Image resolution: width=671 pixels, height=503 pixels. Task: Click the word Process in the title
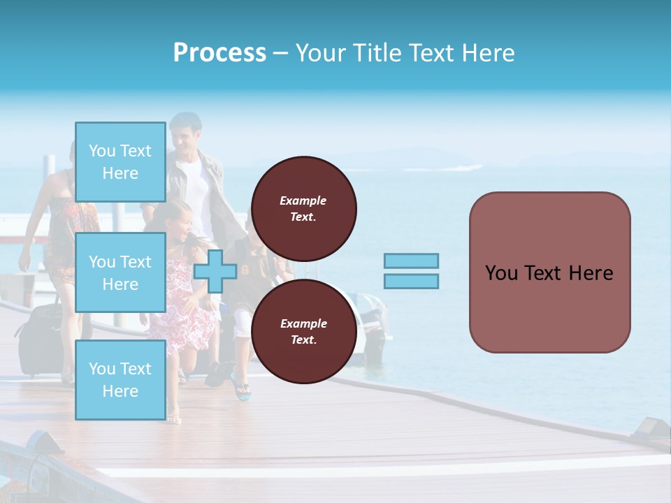point(219,53)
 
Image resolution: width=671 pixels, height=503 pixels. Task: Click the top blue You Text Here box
point(120,162)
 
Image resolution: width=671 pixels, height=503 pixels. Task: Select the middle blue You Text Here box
point(120,272)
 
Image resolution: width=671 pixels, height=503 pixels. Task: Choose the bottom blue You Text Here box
point(120,379)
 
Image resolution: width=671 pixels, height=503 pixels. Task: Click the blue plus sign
point(215,272)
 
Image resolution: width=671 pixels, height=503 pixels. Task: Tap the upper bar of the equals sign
point(411,261)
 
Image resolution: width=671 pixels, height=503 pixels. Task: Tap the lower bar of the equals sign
point(411,281)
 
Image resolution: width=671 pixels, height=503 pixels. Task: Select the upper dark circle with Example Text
point(303,208)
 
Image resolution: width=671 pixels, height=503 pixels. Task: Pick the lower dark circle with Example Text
point(303,331)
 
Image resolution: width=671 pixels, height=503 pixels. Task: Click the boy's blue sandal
point(242,392)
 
